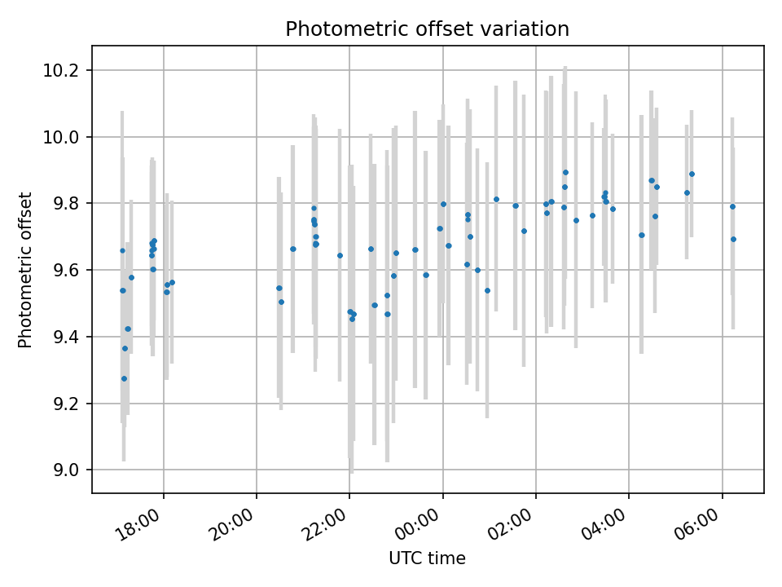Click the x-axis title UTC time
427,558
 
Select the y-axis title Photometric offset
25,270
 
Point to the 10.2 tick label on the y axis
65,71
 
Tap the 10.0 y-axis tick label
65,137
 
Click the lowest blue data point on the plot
124,378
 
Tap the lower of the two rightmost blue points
733,239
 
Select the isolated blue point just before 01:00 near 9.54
487,290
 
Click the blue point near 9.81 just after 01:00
496,199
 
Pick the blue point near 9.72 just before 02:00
524,231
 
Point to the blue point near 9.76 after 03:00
592,215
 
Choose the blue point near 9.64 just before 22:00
340,255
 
